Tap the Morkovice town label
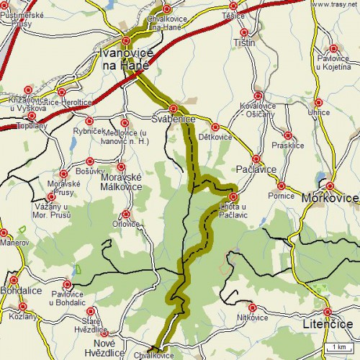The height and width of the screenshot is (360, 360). (330, 197)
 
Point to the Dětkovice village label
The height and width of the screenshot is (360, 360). (215, 137)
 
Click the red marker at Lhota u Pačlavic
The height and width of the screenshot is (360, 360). (233, 197)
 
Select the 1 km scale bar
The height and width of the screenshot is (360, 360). (338, 348)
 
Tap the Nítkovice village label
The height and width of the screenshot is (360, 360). (252, 318)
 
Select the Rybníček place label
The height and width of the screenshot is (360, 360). (89, 131)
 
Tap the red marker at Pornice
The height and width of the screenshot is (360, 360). (281, 186)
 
